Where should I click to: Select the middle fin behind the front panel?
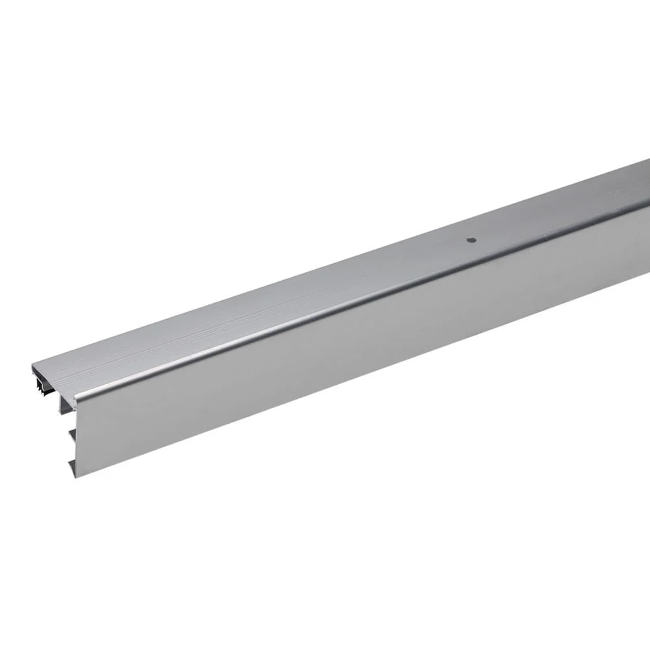72,434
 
